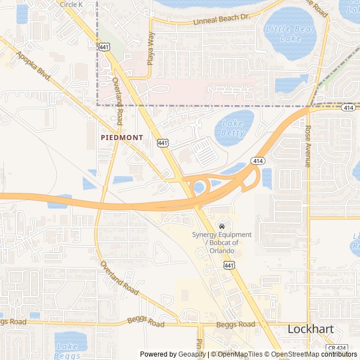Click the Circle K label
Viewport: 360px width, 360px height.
point(71,4)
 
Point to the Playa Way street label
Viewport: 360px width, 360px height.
point(150,49)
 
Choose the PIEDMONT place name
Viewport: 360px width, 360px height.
point(121,137)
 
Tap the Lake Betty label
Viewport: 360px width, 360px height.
point(233,128)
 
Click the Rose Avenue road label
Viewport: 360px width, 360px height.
point(308,146)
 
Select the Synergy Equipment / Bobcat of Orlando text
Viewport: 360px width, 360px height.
point(222,242)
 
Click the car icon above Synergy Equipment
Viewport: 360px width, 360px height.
point(221,226)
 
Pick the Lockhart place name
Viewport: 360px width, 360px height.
point(310,329)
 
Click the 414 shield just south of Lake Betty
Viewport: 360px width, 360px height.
point(258,161)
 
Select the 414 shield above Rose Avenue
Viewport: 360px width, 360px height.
point(348,107)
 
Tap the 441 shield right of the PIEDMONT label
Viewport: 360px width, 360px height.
point(163,143)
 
